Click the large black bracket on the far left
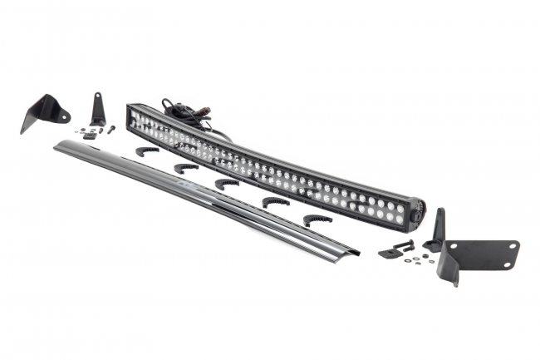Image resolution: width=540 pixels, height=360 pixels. click(42, 111)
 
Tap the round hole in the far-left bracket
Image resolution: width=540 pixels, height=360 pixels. click(62, 116)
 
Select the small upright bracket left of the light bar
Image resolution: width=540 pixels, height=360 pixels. click(98, 110)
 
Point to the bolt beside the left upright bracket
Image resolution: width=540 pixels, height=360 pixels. click(110, 129)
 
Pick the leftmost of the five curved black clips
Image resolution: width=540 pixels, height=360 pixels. click(147, 151)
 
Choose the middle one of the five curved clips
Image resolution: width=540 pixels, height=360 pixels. click(226, 183)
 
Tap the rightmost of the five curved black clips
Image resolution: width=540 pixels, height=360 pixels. click(317, 219)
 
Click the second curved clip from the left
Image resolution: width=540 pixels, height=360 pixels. click(186, 167)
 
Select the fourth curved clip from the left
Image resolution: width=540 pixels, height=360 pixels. click(276, 201)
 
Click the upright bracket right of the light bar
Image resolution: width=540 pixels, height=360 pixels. click(436, 231)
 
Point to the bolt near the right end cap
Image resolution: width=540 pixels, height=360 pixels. click(404, 244)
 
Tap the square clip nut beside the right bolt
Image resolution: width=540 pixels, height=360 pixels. click(386, 253)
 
